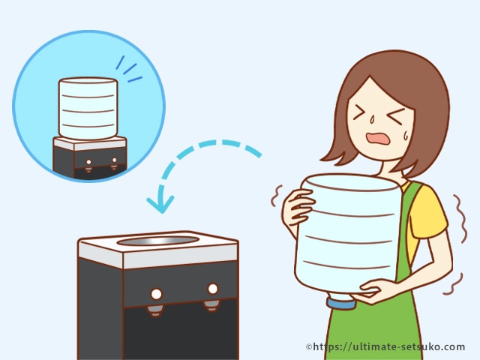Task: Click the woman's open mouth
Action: point(378,139)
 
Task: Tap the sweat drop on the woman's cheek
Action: point(406,135)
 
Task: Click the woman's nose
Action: point(373,118)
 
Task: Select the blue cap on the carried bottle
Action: point(341,304)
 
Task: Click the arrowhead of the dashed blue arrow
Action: point(160,203)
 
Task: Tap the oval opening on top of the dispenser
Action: point(158,241)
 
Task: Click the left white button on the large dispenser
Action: point(156,294)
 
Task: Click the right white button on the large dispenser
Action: point(213,289)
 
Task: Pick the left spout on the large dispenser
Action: point(155,310)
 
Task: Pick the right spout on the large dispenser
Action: point(211,305)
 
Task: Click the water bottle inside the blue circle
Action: point(88,109)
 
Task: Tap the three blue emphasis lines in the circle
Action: point(128,70)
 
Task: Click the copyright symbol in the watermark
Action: point(309,346)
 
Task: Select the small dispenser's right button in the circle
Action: point(115,160)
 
